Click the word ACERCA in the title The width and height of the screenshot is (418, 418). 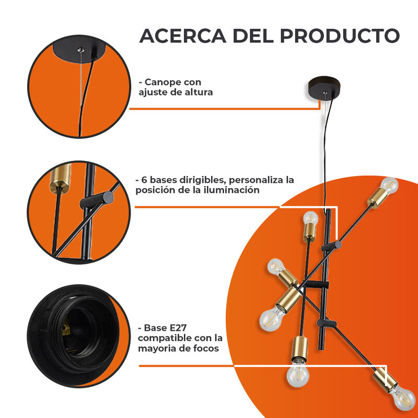pyautogui.click(x=182, y=36)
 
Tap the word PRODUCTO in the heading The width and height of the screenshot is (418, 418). pyautogui.click(x=340, y=36)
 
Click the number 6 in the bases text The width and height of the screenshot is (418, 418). pyautogui.click(x=144, y=180)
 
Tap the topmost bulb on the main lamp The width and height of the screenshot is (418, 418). pyautogui.click(x=389, y=185)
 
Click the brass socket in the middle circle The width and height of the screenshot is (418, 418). pyautogui.click(x=60, y=178)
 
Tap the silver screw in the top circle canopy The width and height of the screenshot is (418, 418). pyautogui.click(x=80, y=50)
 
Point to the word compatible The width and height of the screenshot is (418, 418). pyautogui.click(x=165, y=338)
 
